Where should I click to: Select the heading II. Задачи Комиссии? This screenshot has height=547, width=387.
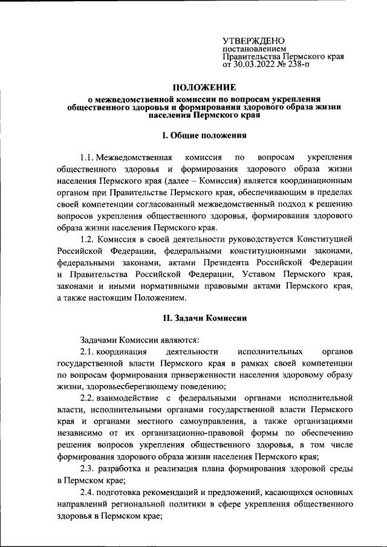193,317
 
